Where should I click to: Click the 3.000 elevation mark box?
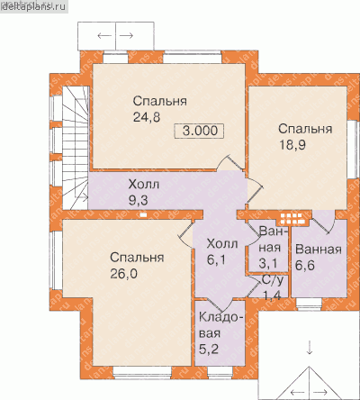pyautogui.click(x=200, y=131)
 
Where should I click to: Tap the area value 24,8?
pyautogui.click(x=147, y=117)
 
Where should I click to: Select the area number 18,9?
pyautogui.click(x=292, y=145)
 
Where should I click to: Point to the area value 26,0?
pyautogui.click(x=123, y=274)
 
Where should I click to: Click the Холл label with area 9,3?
pyautogui.click(x=144, y=184)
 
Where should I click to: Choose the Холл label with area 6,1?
pyautogui.click(x=222, y=243)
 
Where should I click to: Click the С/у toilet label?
pyautogui.click(x=273, y=280)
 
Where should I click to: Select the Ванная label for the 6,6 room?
pyautogui.click(x=319, y=250)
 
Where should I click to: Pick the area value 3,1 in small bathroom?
pyautogui.click(x=268, y=263)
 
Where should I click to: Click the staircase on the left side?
pyautogui.click(x=75, y=148)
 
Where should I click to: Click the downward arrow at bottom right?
pyautogui.click(x=310, y=348)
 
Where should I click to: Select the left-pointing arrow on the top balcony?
pyautogui.click(x=104, y=36)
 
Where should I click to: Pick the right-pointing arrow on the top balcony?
pyautogui.click(x=126, y=36)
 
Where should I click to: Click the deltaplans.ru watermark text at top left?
pyautogui.click(x=33, y=7)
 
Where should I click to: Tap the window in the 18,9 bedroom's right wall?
pyautogui.click(x=352, y=150)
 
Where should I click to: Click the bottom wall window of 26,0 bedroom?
pyautogui.click(x=142, y=372)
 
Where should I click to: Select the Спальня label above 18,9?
pyautogui.click(x=305, y=129)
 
